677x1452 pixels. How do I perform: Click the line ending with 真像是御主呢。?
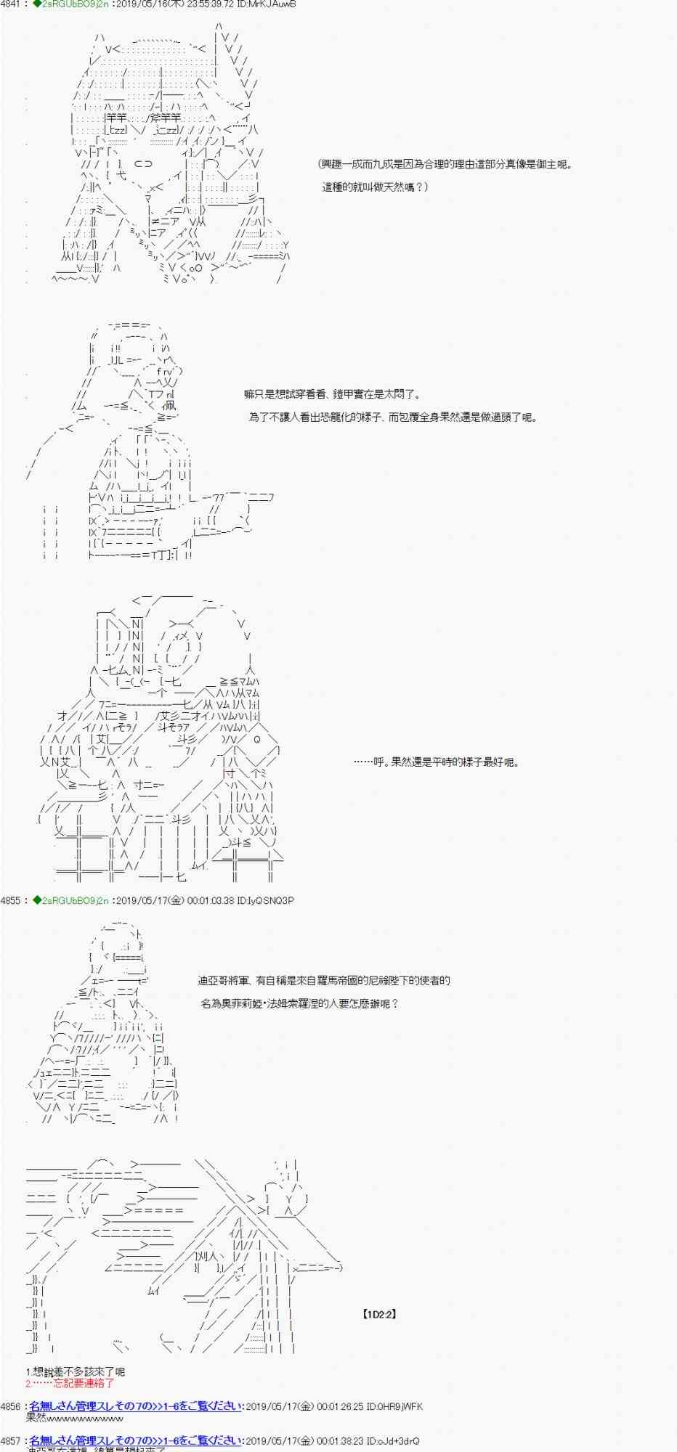click(446, 164)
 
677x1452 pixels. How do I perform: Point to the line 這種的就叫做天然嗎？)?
click(376, 187)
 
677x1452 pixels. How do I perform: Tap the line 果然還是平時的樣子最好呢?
click(436, 763)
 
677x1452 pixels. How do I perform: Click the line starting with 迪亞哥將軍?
click(324, 981)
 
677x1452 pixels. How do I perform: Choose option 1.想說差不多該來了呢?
click(76, 1371)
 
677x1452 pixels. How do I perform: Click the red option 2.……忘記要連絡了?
click(70, 1383)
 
